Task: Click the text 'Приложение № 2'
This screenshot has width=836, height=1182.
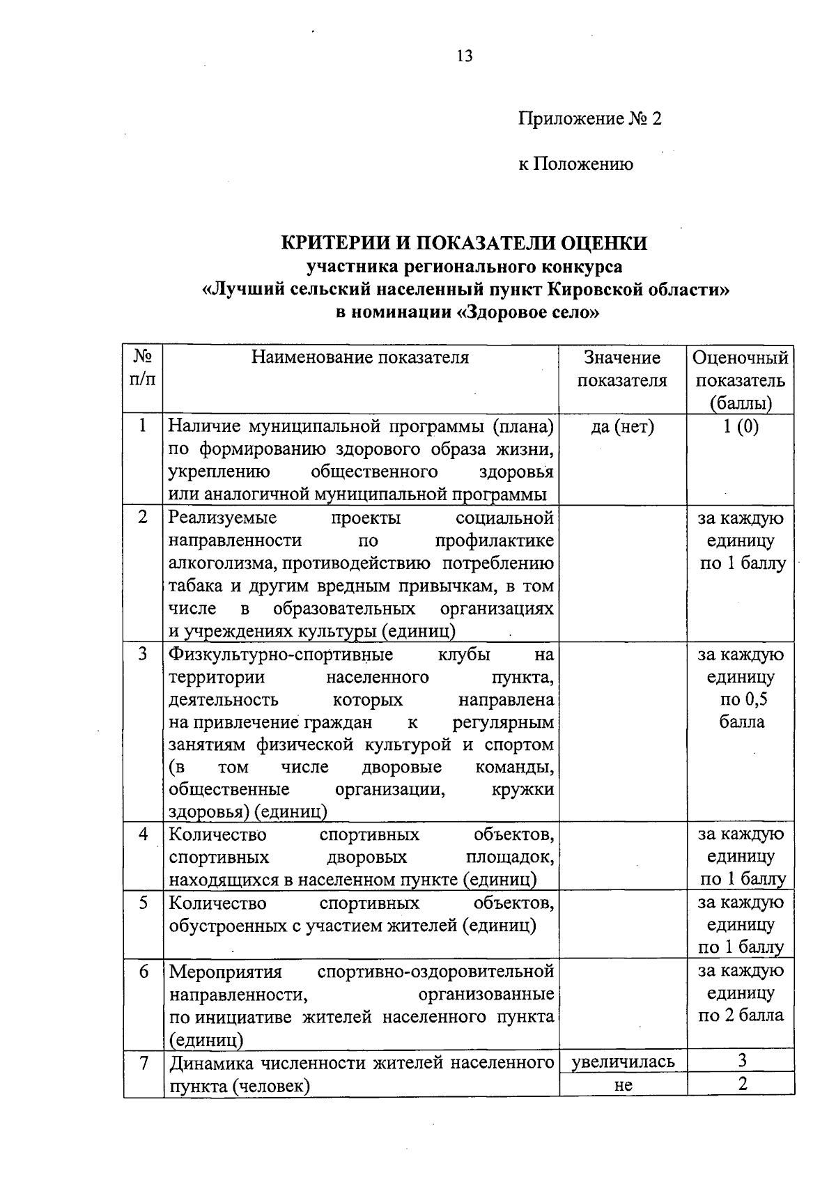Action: coord(589,119)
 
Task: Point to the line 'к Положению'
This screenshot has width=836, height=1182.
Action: coord(575,164)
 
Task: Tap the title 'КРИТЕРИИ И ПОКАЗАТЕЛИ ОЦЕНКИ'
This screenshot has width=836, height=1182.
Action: coord(464,243)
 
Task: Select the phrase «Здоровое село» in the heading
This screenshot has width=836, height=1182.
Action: coord(527,313)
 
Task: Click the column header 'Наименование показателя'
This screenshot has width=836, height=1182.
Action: coord(360,358)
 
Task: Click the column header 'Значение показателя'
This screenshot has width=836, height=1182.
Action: coord(622,369)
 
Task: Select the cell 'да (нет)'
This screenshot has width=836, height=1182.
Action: coord(622,427)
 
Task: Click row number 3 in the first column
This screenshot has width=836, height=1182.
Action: coord(143,654)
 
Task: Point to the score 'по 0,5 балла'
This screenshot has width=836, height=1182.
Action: coord(741,710)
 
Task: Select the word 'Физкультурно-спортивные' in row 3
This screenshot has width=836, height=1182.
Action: coord(281,655)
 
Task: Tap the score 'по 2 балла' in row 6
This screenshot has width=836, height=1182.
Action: coord(741,1015)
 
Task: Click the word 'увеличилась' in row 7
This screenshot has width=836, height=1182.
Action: coord(623,1062)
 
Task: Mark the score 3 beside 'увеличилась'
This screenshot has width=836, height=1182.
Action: coord(742,1061)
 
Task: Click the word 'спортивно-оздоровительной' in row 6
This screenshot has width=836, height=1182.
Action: coord(435,971)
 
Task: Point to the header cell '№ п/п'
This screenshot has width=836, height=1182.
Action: coord(143,369)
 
